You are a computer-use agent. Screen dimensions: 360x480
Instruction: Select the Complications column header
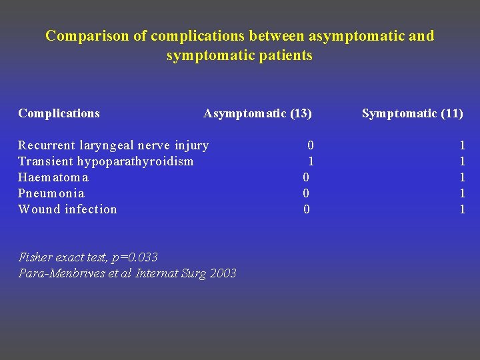59,113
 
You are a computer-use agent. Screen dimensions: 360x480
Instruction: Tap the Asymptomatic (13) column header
257,113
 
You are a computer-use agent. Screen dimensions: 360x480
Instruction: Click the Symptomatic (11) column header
412,113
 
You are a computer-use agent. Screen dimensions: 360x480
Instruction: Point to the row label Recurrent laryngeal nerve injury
113,145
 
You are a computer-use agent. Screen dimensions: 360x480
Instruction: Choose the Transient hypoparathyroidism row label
105,161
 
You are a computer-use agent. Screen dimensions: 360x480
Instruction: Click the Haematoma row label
53,177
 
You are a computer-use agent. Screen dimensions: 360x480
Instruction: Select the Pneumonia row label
51,193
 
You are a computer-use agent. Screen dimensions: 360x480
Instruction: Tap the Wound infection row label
67,209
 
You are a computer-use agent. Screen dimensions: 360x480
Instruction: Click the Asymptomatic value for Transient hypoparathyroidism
311,161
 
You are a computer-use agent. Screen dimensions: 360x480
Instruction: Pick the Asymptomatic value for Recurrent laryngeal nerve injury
311,145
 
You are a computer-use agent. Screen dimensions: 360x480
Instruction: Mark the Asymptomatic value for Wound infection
306,209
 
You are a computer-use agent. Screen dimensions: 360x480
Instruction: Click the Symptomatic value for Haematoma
462,177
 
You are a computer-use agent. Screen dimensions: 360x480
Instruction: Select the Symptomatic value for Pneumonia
462,193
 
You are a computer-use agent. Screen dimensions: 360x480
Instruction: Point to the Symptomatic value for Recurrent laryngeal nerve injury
462,145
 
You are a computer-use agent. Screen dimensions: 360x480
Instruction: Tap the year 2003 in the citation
223,273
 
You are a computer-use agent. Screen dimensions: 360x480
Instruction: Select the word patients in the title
285,55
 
